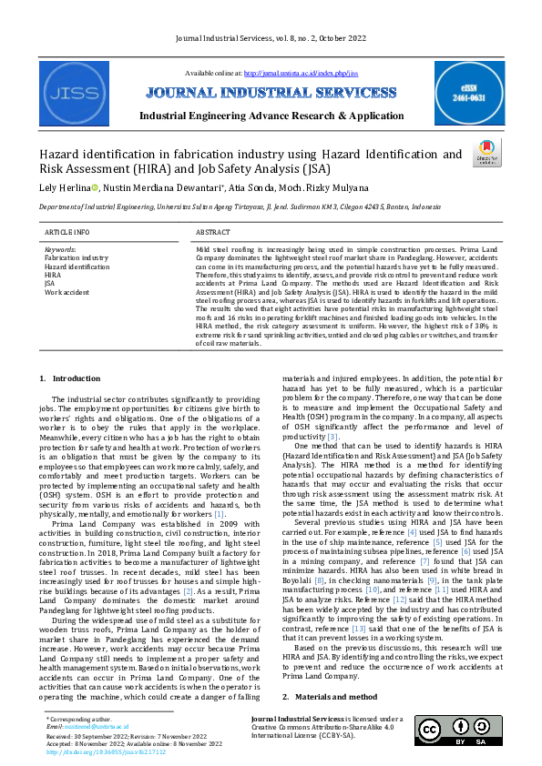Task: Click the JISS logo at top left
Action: tap(72, 94)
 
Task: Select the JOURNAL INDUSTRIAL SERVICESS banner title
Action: tap(271, 93)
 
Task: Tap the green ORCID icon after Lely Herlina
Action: tap(95, 187)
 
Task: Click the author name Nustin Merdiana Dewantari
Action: tap(149, 187)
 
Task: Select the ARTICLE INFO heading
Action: tap(67, 233)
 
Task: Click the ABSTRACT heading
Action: tap(213, 233)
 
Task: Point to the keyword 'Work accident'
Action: tap(66, 292)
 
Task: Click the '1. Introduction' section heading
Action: tap(71, 378)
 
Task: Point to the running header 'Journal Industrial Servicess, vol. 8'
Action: tap(271, 37)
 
